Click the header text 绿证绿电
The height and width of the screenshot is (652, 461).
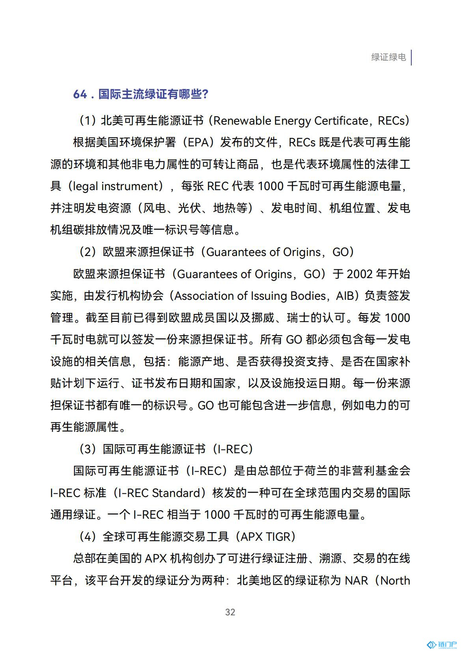coord(388,57)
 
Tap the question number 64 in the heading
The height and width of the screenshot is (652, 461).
coord(80,94)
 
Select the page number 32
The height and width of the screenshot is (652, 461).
coord(230,612)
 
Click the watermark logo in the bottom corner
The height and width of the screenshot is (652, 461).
coord(442,645)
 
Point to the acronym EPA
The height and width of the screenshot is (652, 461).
coord(198,142)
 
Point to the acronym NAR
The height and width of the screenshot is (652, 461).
coord(356,581)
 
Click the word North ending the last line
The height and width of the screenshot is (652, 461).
coord(395,581)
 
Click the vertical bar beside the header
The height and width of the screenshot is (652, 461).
coord(411,58)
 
